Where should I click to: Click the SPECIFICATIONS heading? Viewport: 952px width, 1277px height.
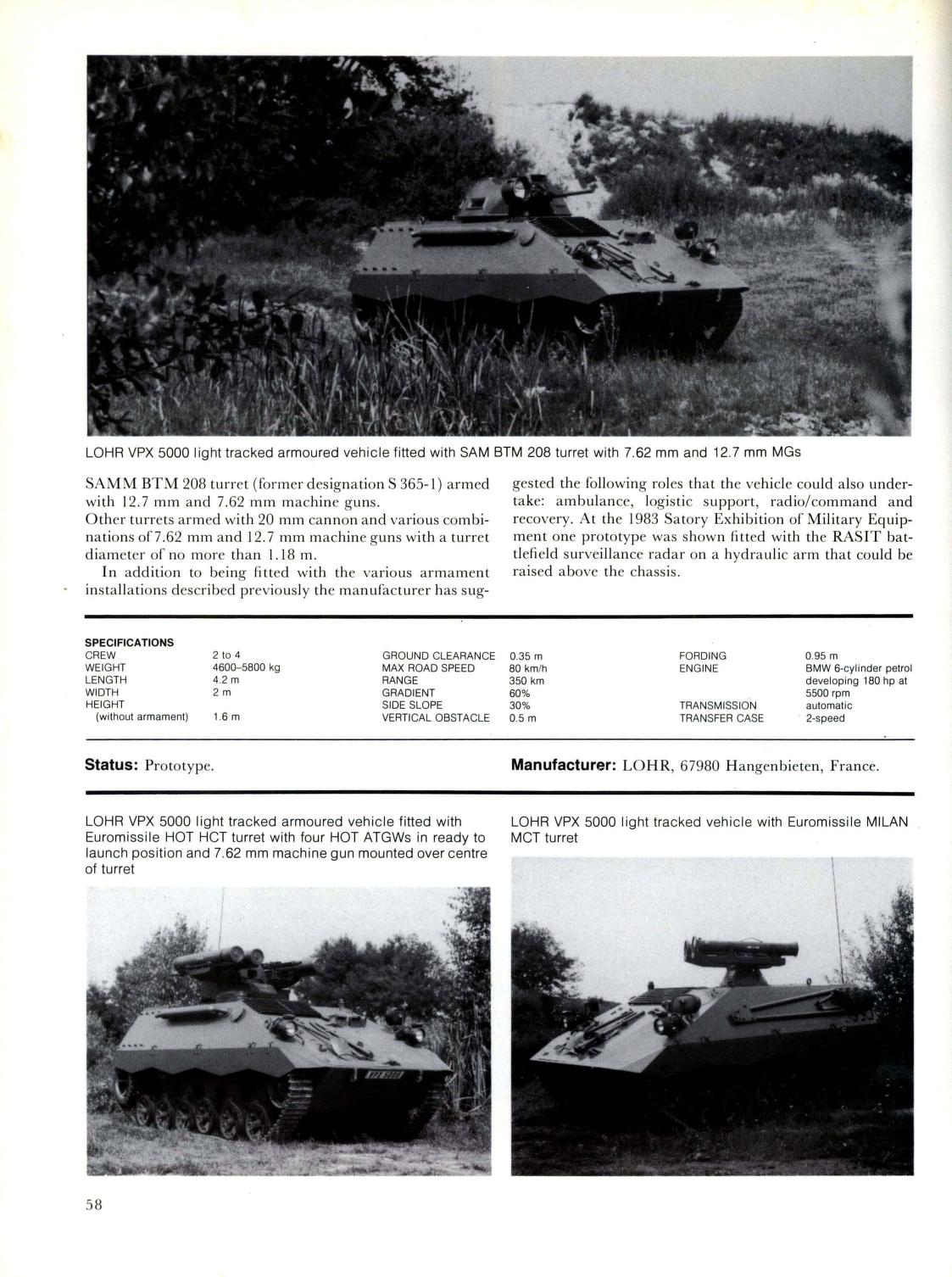coord(129,642)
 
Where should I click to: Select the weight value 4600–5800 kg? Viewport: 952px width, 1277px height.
coord(246,667)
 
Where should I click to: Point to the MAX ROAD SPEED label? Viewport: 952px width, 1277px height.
coord(428,667)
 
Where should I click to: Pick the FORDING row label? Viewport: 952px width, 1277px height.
coord(702,655)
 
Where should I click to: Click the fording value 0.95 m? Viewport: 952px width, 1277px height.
coord(821,655)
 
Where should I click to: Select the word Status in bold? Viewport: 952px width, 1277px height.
coord(110,765)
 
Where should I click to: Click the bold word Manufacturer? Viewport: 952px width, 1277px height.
coord(562,765)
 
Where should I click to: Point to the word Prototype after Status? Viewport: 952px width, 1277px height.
coord(179,766)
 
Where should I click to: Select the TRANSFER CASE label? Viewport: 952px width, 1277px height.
coord(721,717)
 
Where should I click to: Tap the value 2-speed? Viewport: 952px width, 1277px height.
coord(825,717)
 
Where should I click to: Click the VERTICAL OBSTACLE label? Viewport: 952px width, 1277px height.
coord(436,717)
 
